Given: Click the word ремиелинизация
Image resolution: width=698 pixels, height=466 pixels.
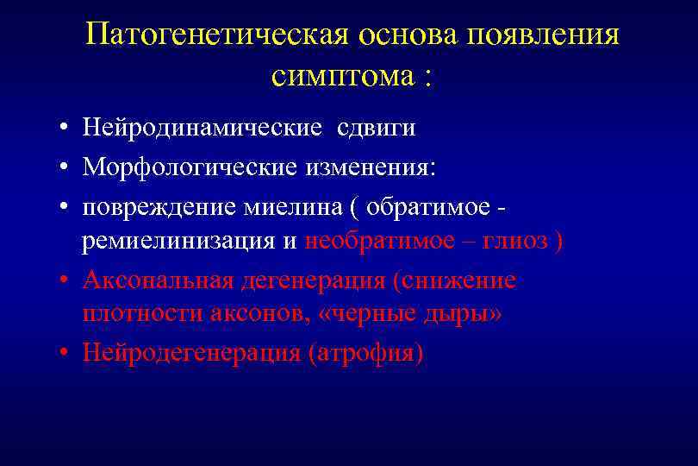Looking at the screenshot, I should (x=179, y=241).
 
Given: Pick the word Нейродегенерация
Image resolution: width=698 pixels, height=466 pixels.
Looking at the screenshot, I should (x=190, y=353).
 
